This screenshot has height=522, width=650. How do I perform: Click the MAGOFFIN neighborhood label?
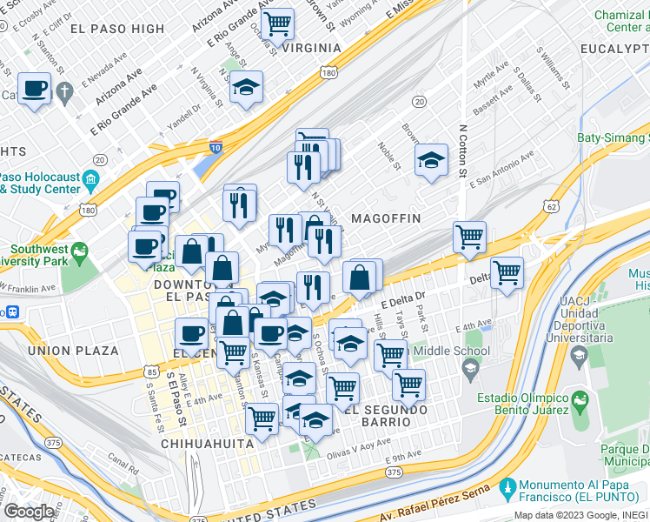[x=386, y=217]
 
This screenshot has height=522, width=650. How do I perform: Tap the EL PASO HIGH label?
[x=116, y=29]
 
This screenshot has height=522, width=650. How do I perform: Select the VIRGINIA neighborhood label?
[x=305, y=48]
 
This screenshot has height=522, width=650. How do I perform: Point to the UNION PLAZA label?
[x=73, y=351]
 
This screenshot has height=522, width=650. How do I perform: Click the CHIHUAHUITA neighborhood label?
[x=207, y=443]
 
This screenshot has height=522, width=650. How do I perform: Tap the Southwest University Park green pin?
[x=81, y=253]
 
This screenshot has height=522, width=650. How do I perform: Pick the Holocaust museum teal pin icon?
[x=91, y=183]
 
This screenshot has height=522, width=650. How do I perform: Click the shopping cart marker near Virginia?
[x=277, y=23]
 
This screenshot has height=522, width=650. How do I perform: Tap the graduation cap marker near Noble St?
[x=430, y=161]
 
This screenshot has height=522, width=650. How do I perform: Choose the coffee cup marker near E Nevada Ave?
[x=36, y=89]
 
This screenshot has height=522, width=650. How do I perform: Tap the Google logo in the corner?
[x=29, y=512]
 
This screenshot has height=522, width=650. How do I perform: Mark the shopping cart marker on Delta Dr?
[x=507, y=271]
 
